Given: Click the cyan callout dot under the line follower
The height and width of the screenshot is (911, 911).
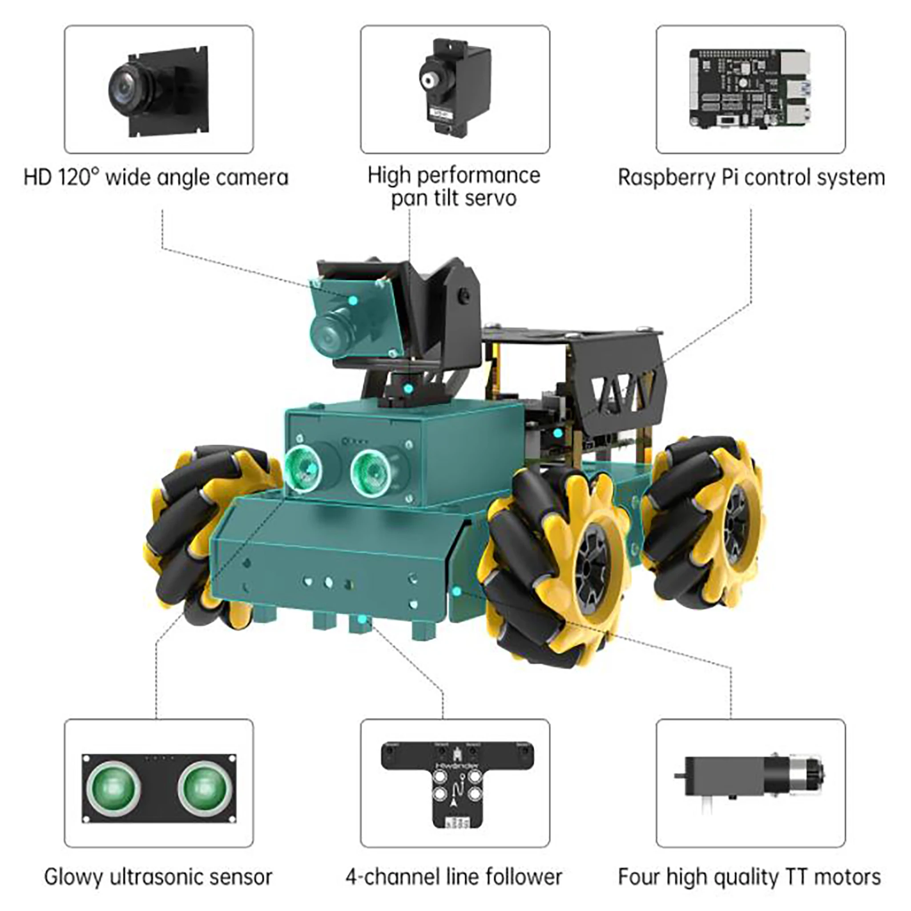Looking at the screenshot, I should click(362, 620).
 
